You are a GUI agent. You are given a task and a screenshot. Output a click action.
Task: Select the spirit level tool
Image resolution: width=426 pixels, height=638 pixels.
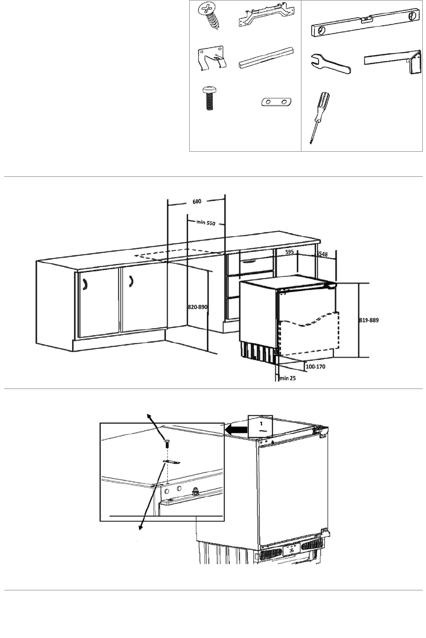coord(365,23)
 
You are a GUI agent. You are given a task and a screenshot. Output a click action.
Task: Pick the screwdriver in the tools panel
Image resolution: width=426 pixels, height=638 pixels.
coord(320,117)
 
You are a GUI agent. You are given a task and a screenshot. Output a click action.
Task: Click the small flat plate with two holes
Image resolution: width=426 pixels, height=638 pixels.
coord(277,102)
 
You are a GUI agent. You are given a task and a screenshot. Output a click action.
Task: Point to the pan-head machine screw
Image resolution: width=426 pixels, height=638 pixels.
coord(210,98)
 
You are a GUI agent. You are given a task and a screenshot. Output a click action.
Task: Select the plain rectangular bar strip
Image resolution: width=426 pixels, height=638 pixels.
coord(267,58)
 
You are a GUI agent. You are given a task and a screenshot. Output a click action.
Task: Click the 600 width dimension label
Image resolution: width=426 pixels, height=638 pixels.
coord(197,201)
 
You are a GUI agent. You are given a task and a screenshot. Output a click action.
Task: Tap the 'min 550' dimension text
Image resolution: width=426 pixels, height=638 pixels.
coord(206,223)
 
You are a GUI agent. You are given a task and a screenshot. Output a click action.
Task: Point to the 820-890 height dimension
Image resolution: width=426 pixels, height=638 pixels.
coord(198,307)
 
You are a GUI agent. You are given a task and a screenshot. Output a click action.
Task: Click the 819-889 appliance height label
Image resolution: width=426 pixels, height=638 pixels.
coord(369,320)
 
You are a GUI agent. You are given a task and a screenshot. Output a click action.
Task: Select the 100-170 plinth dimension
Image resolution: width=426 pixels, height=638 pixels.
coord(315,367)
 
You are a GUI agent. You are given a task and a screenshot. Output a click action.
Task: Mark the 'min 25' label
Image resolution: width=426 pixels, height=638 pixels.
coord(288,378)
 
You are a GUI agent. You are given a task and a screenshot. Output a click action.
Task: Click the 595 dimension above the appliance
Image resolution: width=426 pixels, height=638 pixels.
coord(289,252)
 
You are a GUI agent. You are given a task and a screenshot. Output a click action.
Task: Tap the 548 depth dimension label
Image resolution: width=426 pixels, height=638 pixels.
coord(322,254)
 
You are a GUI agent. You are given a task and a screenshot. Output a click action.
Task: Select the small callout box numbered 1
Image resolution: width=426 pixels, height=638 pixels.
coord(260,426)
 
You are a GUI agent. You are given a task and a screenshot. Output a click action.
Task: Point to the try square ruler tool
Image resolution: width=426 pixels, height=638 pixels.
coord(393,61)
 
